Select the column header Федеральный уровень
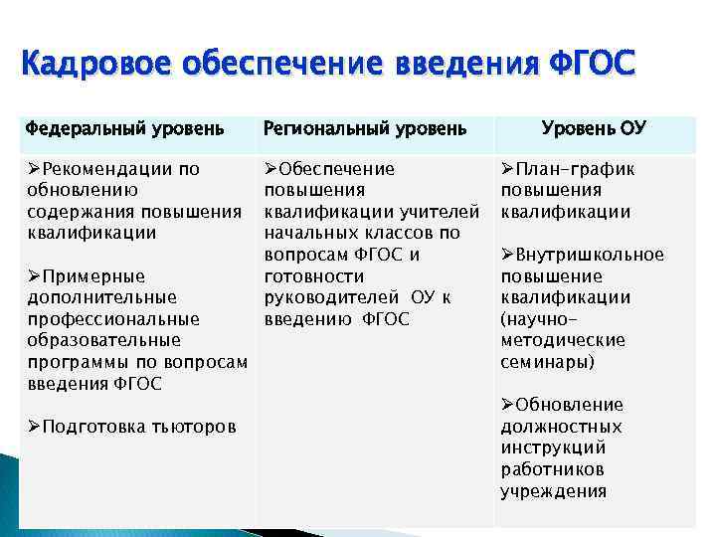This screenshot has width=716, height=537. pyautogui.click(x=123, y=129)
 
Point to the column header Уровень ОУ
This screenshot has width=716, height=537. pyautogui.click(x=594, y=128)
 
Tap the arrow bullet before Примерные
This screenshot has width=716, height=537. pyautogui.click(x=35, y=276)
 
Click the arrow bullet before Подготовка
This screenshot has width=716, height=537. pyautogui.click(x=35, y=427)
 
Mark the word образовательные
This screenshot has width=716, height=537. pyautogui.click(x=104, y=341)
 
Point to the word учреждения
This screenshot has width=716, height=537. pyautogui.click(x=553, y=491)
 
